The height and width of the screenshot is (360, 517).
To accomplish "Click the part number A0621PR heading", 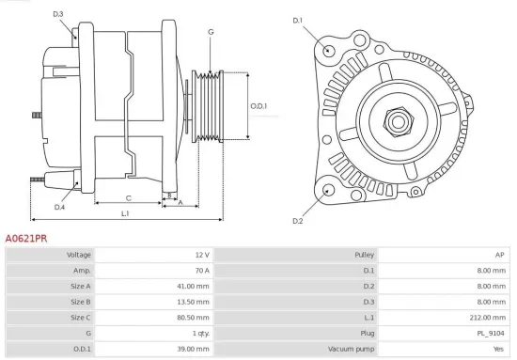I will (x=26, y=240).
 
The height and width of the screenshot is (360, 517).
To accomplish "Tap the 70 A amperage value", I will (x=202, y=270).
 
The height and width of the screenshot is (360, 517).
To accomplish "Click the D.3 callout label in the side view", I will (x=58, y=14).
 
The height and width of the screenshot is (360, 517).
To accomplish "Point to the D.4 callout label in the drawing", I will (x=59, y=207).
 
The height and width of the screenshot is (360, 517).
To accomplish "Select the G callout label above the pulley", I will (x=211, y=32).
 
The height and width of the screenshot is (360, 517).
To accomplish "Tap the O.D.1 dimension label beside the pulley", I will (x=258, y=105).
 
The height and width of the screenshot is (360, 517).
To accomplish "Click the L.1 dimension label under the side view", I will (x=125, y=214).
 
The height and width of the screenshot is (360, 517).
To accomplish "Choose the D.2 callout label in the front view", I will (x=298, y=221).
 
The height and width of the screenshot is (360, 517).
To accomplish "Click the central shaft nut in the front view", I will (x=397, y=119).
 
